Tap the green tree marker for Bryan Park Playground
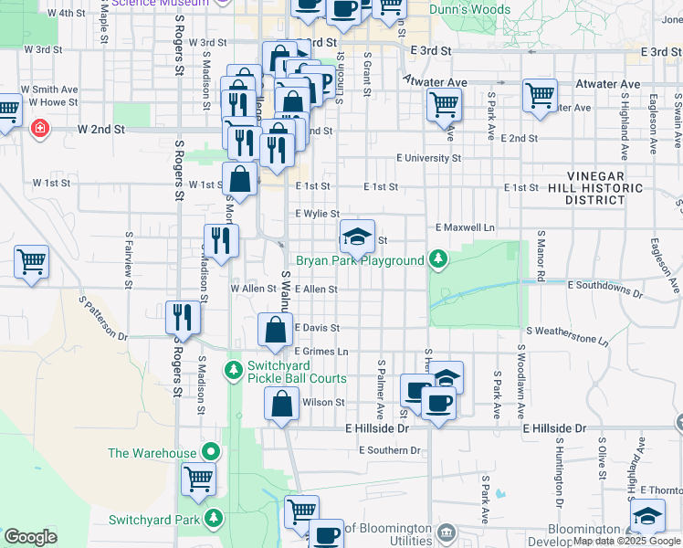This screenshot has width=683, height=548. [439, 260]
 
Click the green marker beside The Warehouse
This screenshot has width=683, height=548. [212, 452]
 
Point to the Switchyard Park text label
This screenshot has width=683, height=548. [154, 520]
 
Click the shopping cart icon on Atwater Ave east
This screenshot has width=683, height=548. [540, 95]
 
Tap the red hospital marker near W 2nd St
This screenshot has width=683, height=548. [39, 128]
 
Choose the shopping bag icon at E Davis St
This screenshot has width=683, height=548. [276, 330]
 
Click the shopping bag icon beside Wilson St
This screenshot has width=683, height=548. [282, 403]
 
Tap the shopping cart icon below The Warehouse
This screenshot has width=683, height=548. [198, 479]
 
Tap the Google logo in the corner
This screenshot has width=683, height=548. [30, 536]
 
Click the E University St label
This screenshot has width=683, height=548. [428, 158]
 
